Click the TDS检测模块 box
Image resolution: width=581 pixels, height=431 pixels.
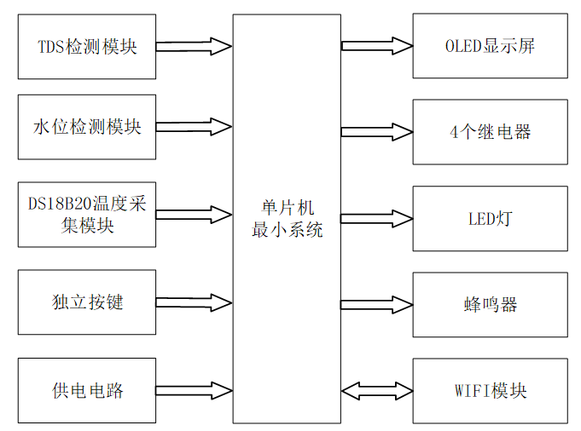click(86, 46)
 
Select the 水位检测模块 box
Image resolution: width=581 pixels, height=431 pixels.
click(86, 127)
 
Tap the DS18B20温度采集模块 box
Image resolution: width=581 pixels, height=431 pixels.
click(86, 215)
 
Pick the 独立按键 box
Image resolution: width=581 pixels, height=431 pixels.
click(86, 302)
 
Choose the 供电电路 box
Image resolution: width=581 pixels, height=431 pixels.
click(86, 390)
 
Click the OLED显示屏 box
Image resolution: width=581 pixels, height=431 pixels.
click(489, 46)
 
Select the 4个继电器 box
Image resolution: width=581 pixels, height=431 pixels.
click(489, 132)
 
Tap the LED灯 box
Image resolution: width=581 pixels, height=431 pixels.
click(489, 219)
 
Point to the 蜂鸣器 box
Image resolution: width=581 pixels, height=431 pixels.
click(489, 305)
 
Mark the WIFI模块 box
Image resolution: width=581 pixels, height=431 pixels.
click(489, 390)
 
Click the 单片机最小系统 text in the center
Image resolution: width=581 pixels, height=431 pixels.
click(286, 219)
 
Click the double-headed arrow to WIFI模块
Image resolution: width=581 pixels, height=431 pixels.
click(376, 390)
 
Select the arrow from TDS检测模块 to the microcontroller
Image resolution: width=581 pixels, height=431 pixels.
click(194, 46)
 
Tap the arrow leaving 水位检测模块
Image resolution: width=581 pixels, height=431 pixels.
click(194, 127)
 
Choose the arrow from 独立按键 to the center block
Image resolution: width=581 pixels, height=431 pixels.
click(194, 302)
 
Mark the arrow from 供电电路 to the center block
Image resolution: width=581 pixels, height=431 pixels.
click(194, 390)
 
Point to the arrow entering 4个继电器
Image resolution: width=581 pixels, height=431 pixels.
click(376, 132)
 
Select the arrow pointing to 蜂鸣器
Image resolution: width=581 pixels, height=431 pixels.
click(376, 305)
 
